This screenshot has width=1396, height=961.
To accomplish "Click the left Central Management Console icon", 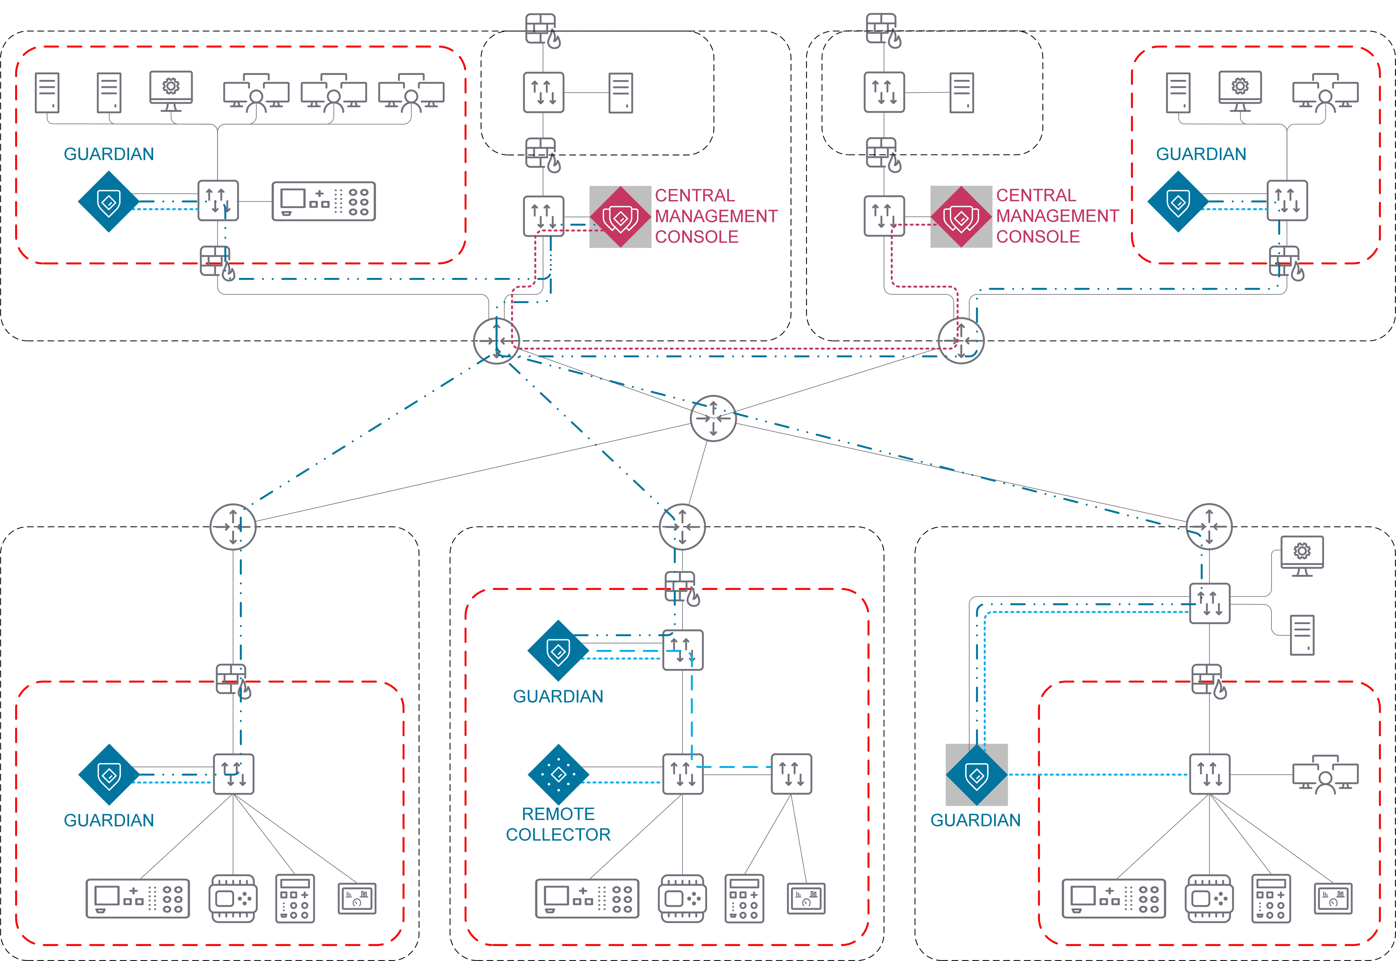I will pyautogui.click(x=620, y=217).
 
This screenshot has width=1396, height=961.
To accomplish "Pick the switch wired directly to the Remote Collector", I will pyautogui.click(x=682, y=774).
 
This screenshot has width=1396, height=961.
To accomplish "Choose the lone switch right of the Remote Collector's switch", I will pyautogui.click(x=791, y=774).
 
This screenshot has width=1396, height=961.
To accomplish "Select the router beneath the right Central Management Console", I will pyautogui.click(x=961, y=341).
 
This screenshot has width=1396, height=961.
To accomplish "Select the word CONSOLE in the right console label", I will pyautogui.click(x=1038, y=237).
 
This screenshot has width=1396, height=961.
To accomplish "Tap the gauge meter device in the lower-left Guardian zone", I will pyautogui.click(x=357, y=898).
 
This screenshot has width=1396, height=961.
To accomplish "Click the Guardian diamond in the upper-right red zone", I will pyautogui.click(x=1178, y=202).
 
